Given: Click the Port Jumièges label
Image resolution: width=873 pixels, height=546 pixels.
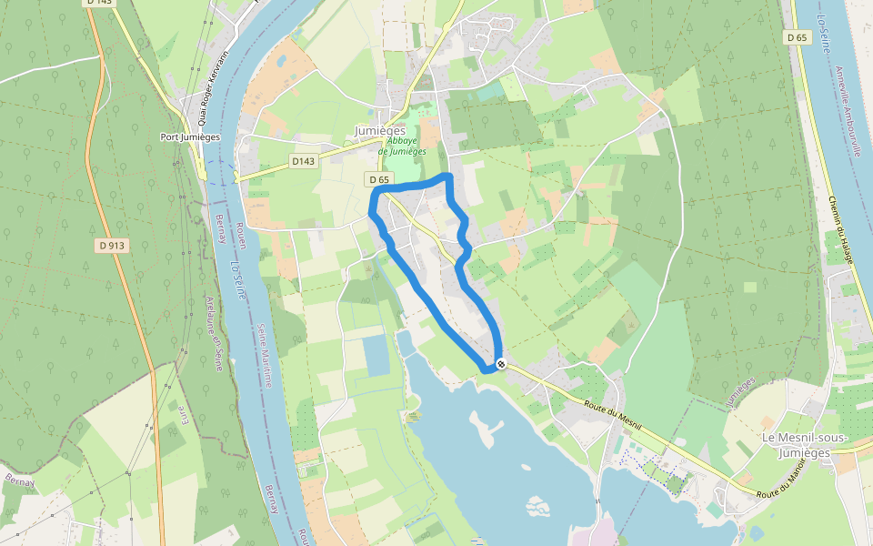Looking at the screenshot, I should point(190,137).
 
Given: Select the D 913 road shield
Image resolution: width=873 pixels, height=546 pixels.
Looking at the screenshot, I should point(111,246).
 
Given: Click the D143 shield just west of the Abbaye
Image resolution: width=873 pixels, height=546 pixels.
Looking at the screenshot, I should point(303,161).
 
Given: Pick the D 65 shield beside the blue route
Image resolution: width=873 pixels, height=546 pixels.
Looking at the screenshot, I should point(378,179).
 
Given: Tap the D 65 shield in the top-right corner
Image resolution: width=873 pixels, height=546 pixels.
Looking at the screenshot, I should point(797,37).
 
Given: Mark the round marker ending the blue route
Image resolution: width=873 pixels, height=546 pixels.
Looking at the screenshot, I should point(501,364).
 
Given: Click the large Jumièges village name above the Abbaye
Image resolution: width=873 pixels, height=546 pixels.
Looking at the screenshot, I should point(380,131).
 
